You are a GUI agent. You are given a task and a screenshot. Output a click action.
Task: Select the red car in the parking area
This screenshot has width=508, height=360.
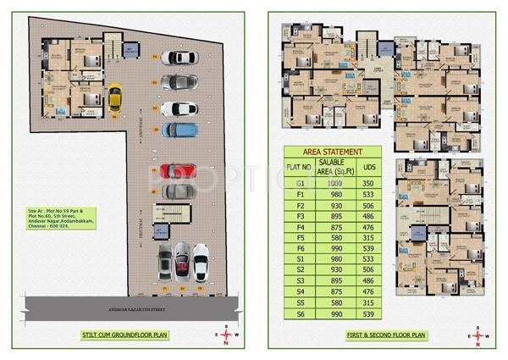point(178,170)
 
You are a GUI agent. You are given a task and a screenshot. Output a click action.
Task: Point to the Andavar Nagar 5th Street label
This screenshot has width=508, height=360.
point(124,300)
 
